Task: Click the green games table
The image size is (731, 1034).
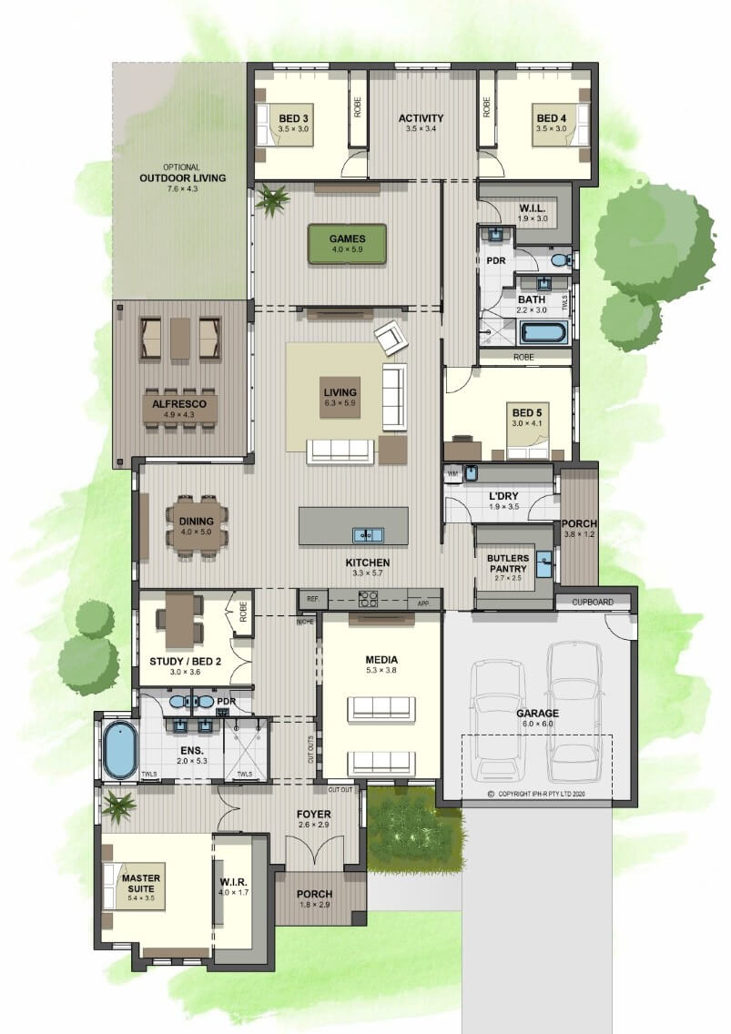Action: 347,245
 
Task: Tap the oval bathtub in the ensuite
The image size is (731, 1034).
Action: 120,750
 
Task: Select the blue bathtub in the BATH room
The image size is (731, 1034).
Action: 543,332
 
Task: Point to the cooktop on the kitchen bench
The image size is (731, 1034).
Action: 368,599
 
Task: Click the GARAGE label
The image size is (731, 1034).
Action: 537,713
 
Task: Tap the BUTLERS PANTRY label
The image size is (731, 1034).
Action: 508,563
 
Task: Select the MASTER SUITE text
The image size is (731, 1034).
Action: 140,883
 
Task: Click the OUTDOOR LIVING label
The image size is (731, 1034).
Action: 182,177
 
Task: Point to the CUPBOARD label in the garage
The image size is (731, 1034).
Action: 592,602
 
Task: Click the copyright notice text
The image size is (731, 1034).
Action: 535,794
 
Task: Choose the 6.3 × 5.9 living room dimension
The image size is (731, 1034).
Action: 340,402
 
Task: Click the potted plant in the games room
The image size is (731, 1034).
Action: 272,198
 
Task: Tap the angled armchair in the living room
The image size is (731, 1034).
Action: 391,338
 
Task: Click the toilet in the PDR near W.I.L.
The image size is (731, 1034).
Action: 562,259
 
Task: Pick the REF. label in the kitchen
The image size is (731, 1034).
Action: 313,600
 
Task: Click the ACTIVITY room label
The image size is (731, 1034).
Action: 421,118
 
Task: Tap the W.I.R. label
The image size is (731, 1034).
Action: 234,882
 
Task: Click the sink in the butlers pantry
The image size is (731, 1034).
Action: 543,565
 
